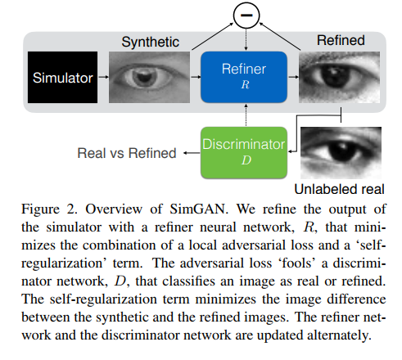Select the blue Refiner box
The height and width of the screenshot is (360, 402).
point(243,77)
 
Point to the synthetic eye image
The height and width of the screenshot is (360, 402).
point(142,79)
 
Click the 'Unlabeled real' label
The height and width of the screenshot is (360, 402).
point(341,189)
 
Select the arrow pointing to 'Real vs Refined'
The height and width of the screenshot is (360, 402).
point(190,151)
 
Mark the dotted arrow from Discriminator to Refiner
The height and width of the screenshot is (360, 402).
point(243,115)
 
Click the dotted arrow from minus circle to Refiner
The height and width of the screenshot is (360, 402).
point(244,39)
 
